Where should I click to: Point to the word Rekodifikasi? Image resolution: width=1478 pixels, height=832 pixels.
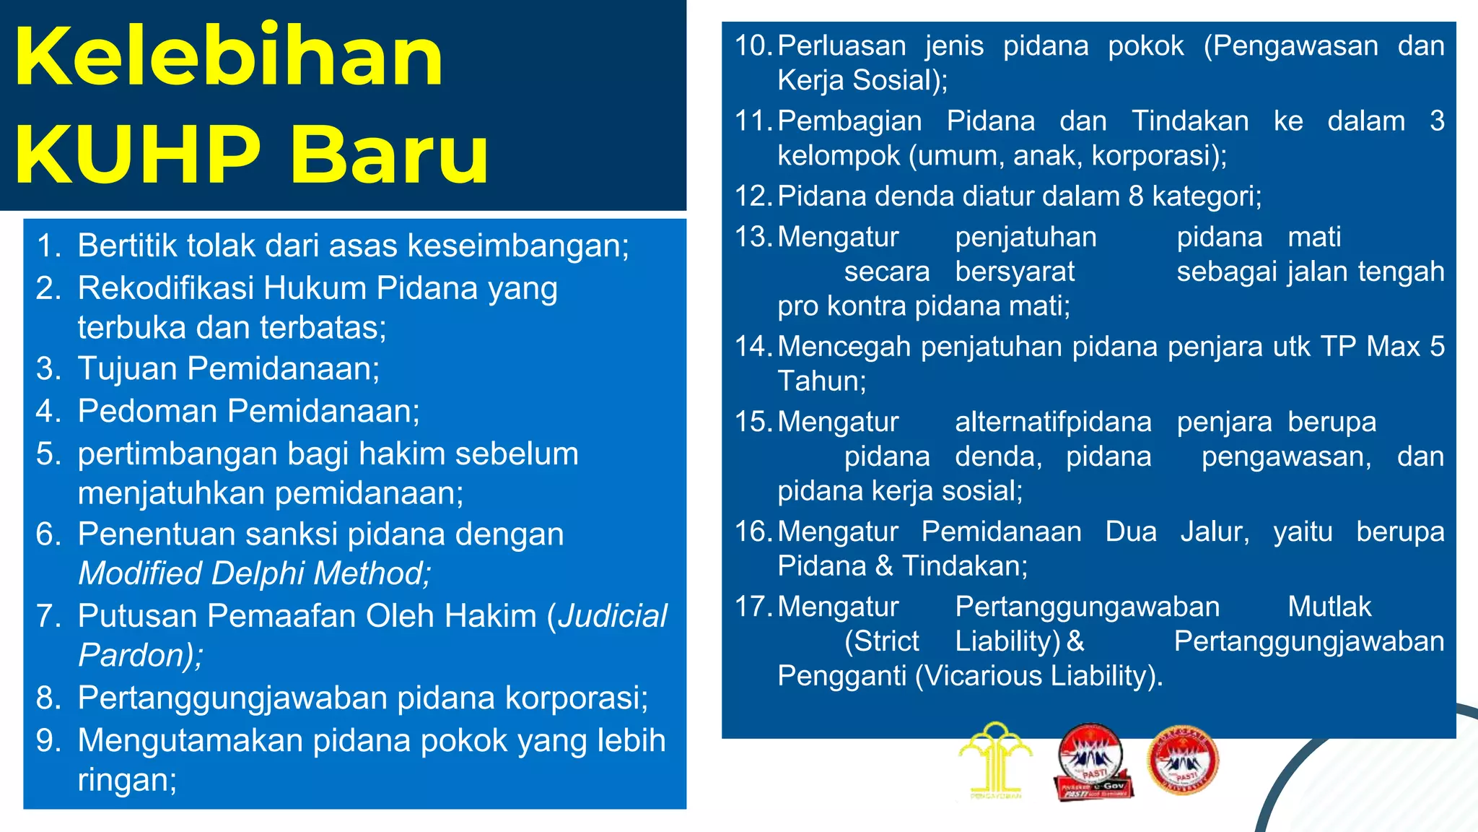pyautogui.click(x=165, y=288)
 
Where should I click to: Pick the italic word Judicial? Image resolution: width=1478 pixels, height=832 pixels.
pyautogui.click(x=613, y=616)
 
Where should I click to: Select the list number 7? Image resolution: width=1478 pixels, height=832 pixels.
pyautogui.click(x=48, y=616)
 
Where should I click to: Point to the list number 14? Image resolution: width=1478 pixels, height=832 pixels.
pyautogui.click(x=753, y=347)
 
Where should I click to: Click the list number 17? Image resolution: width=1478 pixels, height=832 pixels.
pyautogui.click(x=753, y=607)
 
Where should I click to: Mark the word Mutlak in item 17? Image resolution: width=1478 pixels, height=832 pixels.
pyautogui.click(x=1329, y=607)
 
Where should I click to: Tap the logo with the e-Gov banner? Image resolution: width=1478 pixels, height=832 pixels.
pyautogui.click(x=1093, y=762)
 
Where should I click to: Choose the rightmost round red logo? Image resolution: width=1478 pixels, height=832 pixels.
pyautogui.click(x=1181, y=760)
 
